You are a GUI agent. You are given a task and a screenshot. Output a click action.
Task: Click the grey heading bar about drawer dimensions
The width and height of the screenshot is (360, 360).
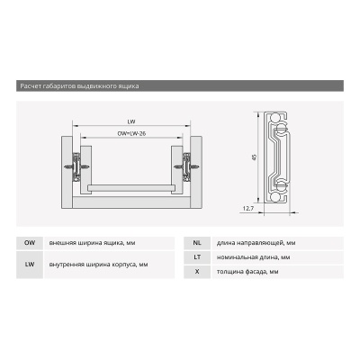point(180,85)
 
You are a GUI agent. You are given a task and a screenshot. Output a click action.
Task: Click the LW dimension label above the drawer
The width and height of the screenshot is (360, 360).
point(131,121)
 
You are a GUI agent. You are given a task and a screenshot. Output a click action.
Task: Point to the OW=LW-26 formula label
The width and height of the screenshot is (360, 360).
point(131,133)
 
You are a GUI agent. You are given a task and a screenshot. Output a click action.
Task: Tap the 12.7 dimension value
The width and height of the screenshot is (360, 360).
point(248,209)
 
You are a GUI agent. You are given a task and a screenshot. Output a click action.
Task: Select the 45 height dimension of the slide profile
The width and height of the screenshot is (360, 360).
point(254,157)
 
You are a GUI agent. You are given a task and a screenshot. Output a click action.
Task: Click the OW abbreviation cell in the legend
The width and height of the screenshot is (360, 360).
point(30,243)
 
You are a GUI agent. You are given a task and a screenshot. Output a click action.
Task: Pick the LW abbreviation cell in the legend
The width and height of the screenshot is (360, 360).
point(30,265)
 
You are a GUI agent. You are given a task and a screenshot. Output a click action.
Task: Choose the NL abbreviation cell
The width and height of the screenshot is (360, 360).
point(197,243)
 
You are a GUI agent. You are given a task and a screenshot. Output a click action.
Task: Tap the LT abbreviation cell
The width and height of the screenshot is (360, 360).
point(197,257)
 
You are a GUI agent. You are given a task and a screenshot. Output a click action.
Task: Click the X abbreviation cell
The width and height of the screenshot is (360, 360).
point(197,272)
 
